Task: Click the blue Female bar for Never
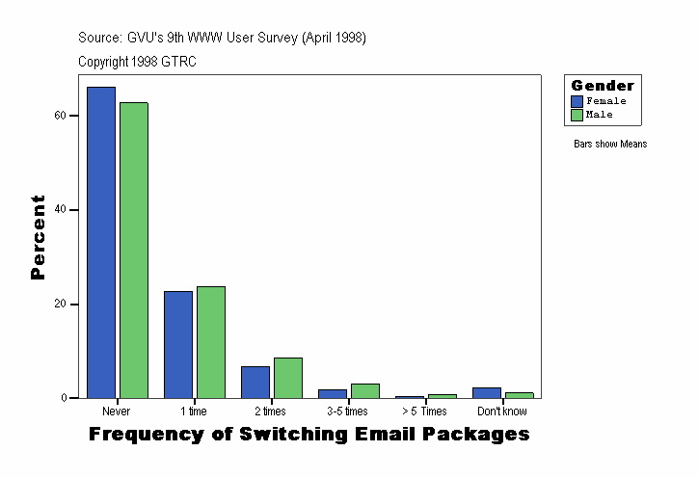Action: point(101,242)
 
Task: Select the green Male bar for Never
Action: point(134,250)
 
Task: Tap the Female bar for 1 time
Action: point(178,344)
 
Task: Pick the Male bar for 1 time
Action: point(211,342)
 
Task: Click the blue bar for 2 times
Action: point(255,382)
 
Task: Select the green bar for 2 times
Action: point(288,378)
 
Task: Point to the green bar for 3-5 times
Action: point(365,390)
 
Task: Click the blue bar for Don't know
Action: point(487,392)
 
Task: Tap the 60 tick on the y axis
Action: point(60,116)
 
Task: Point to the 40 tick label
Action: point(60,210)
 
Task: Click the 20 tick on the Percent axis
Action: point(60,305)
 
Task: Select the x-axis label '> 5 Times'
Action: point(424,412)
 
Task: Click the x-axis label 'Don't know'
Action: point(501,412)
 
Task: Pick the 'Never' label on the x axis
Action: point(116,412)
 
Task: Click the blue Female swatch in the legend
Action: point(577,101)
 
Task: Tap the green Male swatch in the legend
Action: point(577,115)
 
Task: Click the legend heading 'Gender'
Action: point(603,86)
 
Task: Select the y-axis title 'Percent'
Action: point(38,237)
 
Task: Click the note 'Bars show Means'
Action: point(610,145)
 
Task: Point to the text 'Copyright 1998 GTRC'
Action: point(138,61)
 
